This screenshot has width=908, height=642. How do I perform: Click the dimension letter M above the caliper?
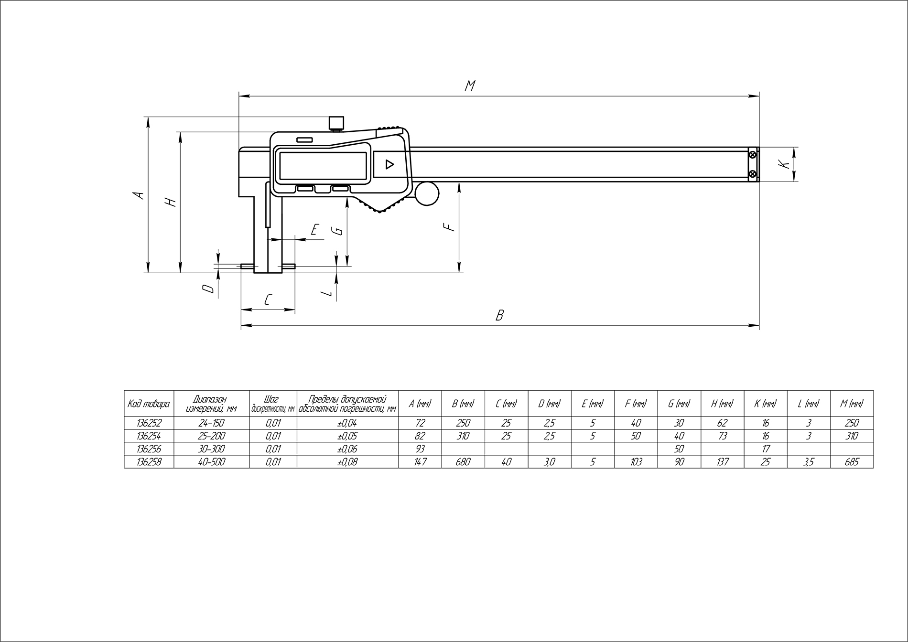[x=471, y=86]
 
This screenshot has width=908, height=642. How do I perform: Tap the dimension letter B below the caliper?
[x=500, y=315]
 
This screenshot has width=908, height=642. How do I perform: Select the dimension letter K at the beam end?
[x=784, y=164]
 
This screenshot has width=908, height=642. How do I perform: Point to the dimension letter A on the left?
[x=138, y=195]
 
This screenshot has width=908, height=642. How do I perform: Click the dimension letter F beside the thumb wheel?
[x=449, y=227]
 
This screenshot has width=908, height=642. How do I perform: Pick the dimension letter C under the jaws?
[x=268, y=300]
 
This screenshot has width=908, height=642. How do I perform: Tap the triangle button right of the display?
[x=390, y=164]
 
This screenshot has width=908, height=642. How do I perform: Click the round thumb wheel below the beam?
[x=427, y=193]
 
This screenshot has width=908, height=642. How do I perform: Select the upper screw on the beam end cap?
[x=753, y=155]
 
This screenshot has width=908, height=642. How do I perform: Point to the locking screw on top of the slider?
[x=336, y=123]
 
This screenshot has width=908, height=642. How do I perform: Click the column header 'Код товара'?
[x=149, y=404]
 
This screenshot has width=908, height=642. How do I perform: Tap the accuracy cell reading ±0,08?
[x=347, y=462]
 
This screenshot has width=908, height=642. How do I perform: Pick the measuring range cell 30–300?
[x=211, y=449]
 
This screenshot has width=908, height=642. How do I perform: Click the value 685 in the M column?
[x=852, y=462]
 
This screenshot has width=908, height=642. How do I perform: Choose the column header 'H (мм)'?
[x=722, y=404]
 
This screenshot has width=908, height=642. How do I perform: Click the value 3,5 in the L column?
[x=809, y=462]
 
